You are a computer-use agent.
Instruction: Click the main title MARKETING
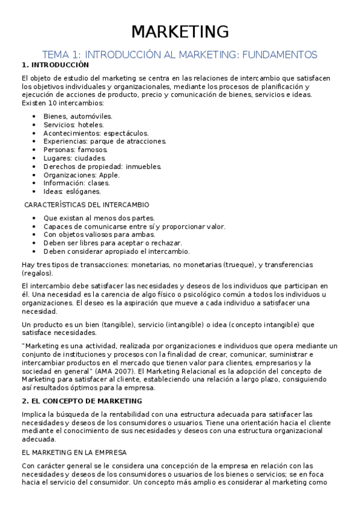(180, 32)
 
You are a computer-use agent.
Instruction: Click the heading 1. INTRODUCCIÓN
(55, 65)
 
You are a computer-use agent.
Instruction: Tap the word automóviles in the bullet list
(91, 116)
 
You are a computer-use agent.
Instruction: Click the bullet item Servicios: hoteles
(73, 124)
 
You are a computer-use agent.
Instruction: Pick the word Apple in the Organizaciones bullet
(109, 175)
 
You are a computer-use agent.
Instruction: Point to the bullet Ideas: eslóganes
(72, 192)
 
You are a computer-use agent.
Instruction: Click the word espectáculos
(126, 133)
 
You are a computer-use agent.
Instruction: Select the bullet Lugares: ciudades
(75, 158)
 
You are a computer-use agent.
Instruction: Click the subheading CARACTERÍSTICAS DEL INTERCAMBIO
(87, 205)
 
